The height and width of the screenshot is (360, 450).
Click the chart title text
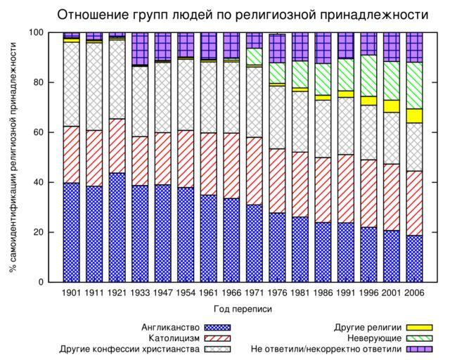243,15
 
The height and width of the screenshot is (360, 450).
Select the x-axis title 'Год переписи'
242,309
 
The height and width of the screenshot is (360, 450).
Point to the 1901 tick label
72,292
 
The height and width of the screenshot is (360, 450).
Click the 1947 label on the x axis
163,292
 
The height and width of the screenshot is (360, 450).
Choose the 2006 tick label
415,292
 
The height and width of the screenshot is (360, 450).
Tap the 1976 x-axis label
278,292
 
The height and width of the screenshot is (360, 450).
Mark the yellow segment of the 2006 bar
415,116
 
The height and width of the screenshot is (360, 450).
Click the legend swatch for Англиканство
217,327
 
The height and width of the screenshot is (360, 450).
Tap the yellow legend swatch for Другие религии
420,327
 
